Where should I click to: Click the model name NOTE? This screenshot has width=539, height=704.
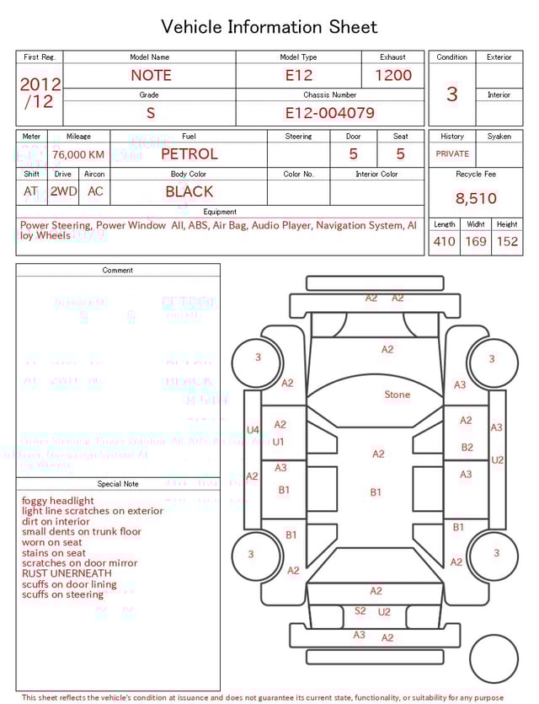coord(151,75)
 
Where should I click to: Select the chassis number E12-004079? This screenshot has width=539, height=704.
coord(329,113)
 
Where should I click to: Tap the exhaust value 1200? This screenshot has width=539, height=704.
coord(392,75)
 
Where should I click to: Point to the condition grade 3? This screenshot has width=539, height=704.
coord(452,94)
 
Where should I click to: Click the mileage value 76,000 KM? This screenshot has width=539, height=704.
coord(78,155)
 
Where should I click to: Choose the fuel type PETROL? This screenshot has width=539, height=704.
coord(189,154)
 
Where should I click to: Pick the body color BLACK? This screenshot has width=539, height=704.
coord(189,191)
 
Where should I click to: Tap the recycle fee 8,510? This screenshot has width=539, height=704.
coord(476,199)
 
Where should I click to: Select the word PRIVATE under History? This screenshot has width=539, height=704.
coord(452,154)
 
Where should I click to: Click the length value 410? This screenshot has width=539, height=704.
coord(444,242)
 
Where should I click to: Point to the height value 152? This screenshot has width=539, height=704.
coord(507,242)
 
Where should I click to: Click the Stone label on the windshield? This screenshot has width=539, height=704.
coord(398,395)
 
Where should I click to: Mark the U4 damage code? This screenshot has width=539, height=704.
coord(253,430)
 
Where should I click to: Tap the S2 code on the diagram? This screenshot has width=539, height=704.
coord(360,611)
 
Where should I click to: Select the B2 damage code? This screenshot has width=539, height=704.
coord(467,448)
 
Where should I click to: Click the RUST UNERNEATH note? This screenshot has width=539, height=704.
coord(67,573)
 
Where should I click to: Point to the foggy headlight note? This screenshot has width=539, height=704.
coord(58,501)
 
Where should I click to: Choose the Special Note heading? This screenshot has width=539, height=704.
coord(118,484)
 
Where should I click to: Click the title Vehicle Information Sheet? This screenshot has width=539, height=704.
coord(269,27)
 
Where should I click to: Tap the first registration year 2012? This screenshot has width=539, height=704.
coord(40,84)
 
